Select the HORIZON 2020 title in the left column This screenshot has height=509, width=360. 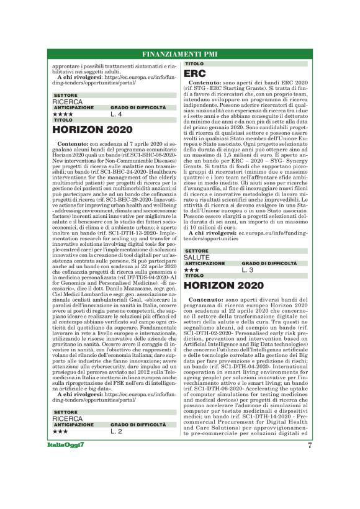[x=92, y=130]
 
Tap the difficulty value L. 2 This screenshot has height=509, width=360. [x=117, y=430]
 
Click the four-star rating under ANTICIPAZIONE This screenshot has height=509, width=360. [x=63, y=114]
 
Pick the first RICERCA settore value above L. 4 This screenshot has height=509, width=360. [x=67, y=101]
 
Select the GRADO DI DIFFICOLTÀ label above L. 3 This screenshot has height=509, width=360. [x=266, y=264]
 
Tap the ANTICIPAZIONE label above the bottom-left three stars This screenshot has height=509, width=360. [x=73, y=424]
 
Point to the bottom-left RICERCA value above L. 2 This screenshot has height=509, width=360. [x=67, y=418]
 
